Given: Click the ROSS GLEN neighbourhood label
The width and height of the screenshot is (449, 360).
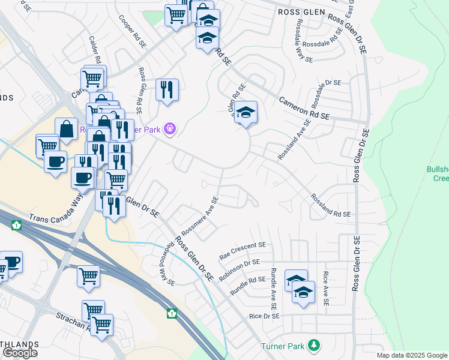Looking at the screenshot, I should point(301,12).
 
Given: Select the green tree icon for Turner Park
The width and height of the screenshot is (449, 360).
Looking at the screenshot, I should point(312,346).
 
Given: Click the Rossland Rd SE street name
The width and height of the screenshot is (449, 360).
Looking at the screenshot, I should point(330,206).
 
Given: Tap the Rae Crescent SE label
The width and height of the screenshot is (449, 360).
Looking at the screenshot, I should point(242,245).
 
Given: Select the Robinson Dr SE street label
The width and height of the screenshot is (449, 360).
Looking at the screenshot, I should point(240,262).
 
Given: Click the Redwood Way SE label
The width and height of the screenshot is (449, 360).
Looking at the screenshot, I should point(167,263).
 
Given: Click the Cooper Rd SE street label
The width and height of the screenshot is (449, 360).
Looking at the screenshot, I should point(133,31).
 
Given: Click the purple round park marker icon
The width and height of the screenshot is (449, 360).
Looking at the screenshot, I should point(170,128).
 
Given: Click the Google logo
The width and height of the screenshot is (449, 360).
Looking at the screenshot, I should point(20,352).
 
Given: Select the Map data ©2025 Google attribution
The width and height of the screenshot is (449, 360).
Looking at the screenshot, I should point(411,355).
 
